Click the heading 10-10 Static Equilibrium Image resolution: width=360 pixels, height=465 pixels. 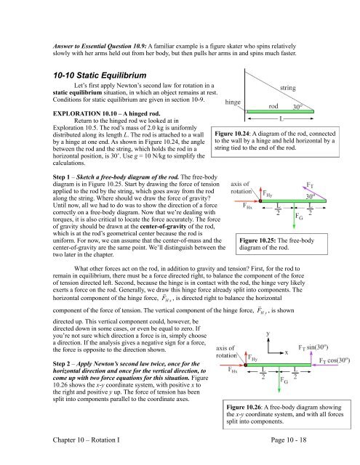[100, 76]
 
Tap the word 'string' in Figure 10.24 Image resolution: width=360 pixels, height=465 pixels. [287, 88]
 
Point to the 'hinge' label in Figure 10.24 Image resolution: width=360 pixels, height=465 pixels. [233, 102]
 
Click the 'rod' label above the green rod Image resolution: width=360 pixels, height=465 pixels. [273, 106]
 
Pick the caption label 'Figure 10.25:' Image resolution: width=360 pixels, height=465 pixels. [257, 240]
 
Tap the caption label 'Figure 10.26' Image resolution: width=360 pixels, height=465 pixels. [244, 407]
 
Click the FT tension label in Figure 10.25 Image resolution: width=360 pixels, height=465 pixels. [310, 185]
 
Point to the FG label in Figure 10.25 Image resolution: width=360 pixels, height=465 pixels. [299, 217]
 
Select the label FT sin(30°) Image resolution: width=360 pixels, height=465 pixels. [313, 347]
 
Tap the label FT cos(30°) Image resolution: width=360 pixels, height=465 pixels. [335, 360]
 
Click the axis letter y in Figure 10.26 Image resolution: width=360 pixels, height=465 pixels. [268, 333]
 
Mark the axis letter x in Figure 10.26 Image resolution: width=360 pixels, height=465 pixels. [287, 352]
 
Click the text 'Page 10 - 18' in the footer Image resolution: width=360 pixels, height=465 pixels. [289, 440]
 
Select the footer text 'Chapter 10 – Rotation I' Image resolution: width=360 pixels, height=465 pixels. [87, 440]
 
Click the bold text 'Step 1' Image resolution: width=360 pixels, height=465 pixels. [61, 177]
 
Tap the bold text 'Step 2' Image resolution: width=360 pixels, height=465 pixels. [61, 364]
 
